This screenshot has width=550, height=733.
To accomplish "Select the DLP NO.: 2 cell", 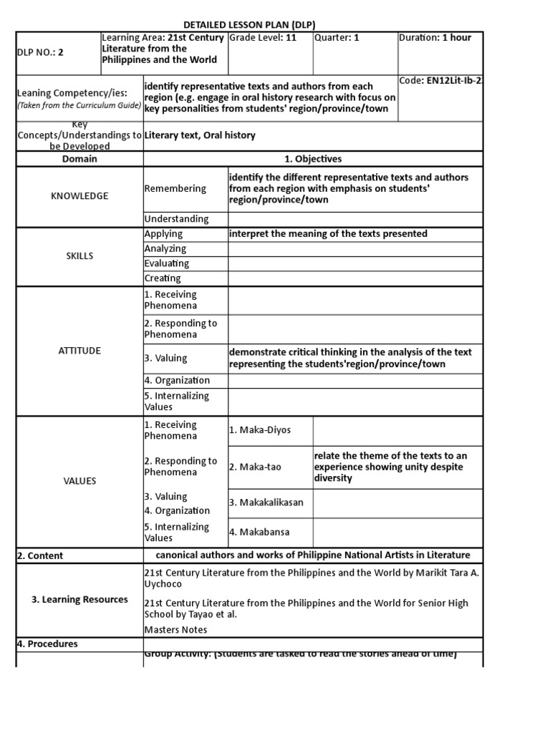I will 40,52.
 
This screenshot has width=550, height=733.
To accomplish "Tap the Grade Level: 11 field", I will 263,38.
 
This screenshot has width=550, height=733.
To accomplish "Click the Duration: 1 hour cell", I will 435,38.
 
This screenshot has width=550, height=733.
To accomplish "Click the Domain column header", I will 79,159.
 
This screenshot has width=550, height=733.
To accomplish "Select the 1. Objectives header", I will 313,159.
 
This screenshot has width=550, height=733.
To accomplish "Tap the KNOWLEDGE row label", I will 79,196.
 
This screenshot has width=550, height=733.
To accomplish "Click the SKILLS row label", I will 79,256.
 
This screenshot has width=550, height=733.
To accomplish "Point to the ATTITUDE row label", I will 79,351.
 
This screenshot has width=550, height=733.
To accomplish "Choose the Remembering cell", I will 175,189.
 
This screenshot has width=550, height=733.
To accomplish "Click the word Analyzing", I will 165,248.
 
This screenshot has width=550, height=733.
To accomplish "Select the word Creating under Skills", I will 163,278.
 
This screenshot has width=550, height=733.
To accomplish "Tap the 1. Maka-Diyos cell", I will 260,430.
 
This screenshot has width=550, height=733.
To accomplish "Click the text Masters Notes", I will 175,630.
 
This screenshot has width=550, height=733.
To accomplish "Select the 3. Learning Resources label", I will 79,600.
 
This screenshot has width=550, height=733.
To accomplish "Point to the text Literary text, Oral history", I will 200,135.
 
